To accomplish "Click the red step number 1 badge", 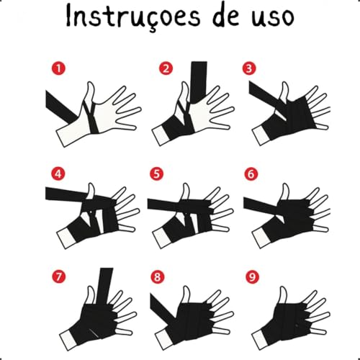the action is coord(58,68).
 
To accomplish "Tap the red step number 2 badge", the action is coord(166,68).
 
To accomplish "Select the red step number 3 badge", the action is coord(249,68).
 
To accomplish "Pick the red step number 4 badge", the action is coord(58,174).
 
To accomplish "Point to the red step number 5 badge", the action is coord(156,174).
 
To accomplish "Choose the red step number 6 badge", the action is coord(251,174).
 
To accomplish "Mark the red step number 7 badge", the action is coord(59,276).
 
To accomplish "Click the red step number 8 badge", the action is coord(158,276).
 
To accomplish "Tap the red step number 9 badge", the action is coord(252,276).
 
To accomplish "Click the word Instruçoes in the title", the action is coord(132,17).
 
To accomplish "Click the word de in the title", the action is coord(225,16).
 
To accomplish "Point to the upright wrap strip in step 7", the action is coord(104,287).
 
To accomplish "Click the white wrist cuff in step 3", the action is coord(261,136).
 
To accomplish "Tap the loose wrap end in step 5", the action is coord(163,204).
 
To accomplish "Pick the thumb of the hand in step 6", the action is coord(285,192).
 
